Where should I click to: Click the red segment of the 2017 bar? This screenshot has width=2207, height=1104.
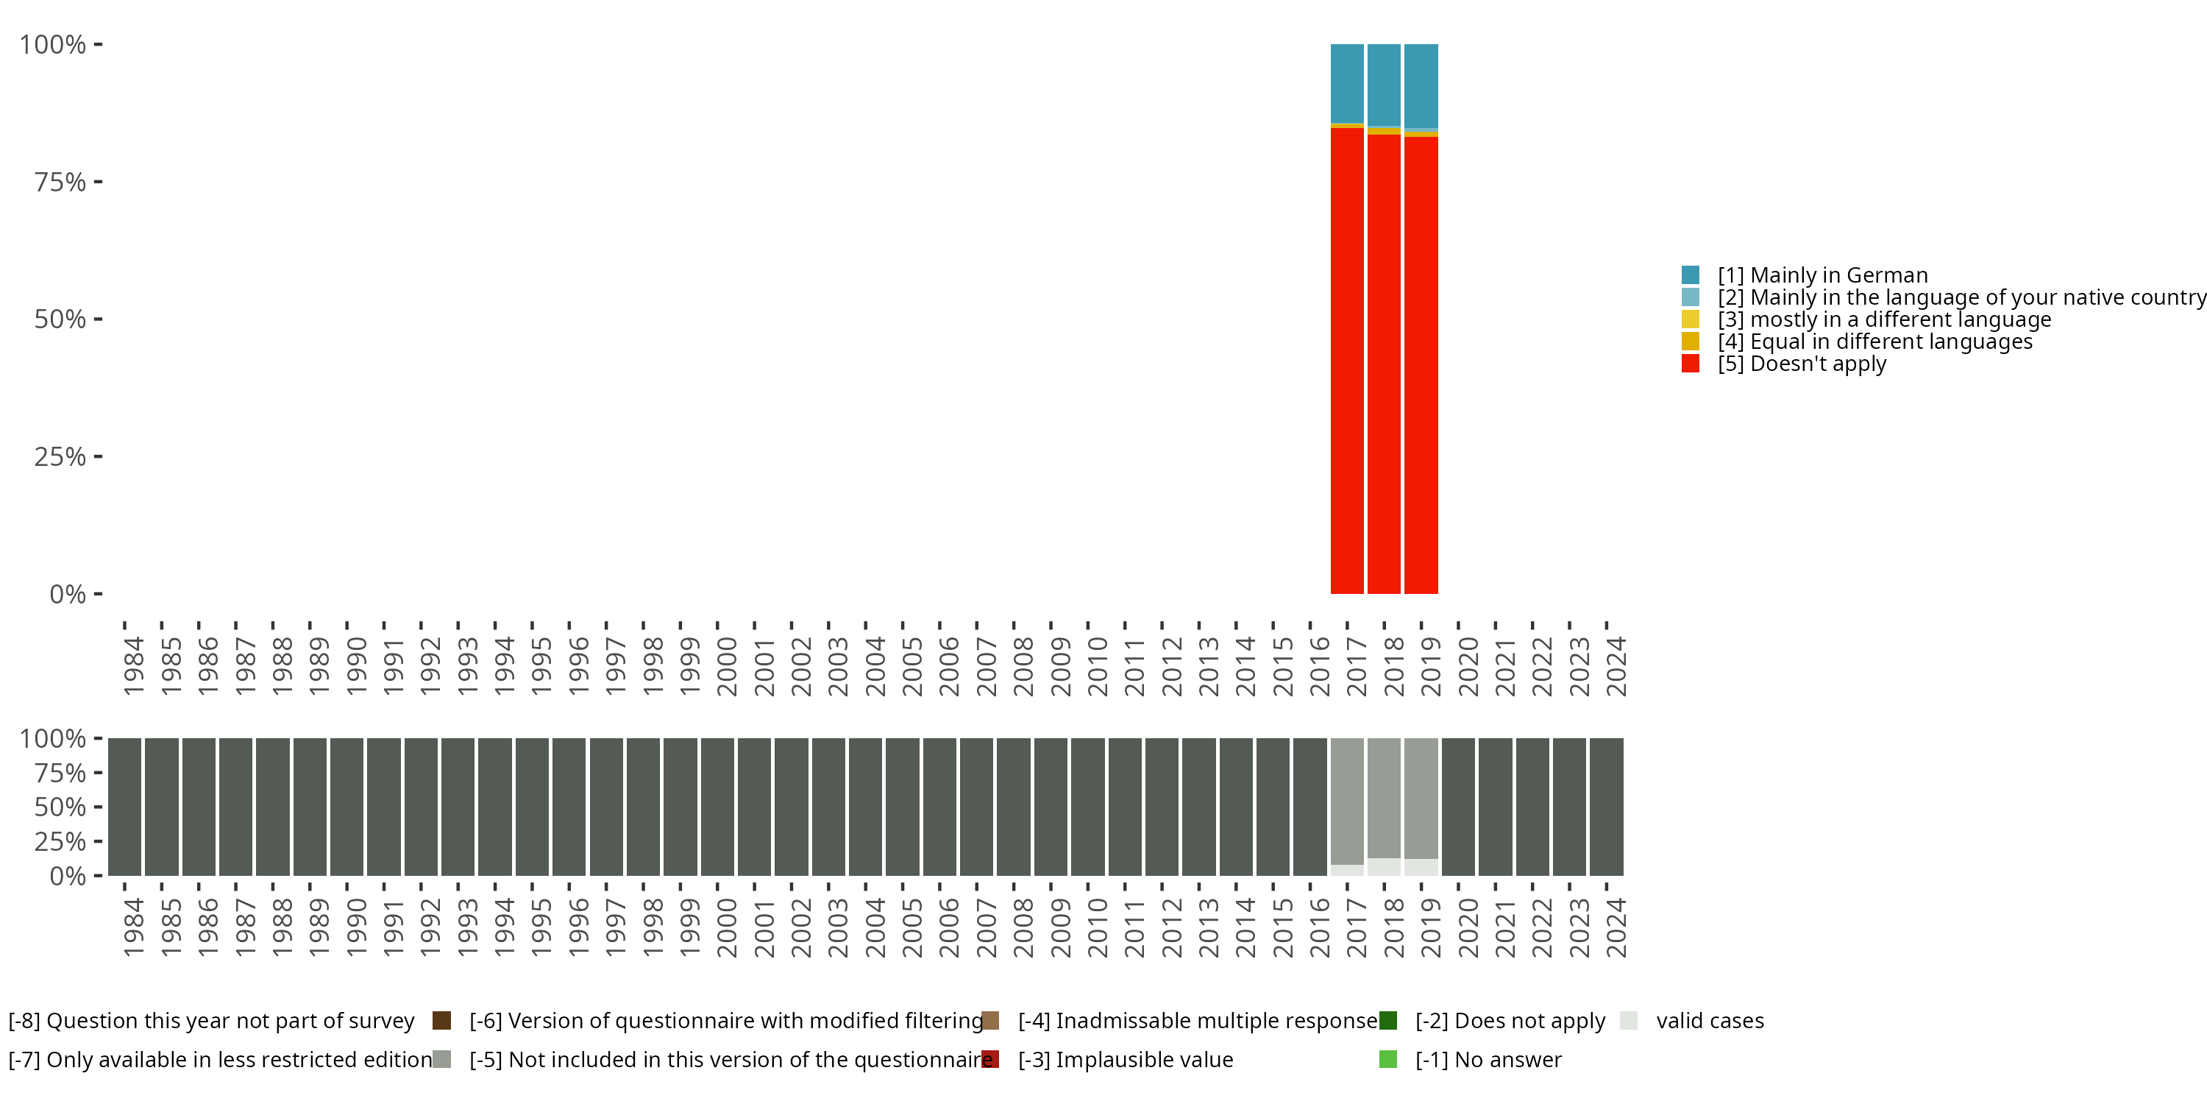click(x=1347, y=360)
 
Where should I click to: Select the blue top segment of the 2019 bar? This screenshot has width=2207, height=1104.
click(x=1421, y=85)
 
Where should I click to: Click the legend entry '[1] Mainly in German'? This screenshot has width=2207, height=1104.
click(x=1822, y=275)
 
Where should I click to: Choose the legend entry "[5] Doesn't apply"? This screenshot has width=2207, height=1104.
click(x=1802, y=364)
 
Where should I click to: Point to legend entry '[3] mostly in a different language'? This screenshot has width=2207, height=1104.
click(x=1884, y=319)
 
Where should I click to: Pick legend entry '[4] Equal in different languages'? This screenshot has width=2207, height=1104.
click(x=1874, y=342)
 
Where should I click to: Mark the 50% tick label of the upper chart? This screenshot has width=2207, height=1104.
click(x=60, y=319)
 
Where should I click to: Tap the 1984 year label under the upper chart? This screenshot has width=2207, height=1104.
click(x=133, y=666)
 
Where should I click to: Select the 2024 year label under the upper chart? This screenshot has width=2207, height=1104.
click(x=1615, y=666)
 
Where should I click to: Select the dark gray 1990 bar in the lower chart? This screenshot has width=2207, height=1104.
click(x=347, y=807)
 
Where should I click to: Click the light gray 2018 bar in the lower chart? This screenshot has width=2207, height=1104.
click(x=1384, y=797)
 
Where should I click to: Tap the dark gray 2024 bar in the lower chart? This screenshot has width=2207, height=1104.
click(x=1607, y=807)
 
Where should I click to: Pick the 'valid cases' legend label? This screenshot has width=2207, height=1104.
click(x=1710, y=1021)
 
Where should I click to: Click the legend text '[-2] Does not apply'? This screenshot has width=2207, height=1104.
click(x=1510, y=1021)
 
